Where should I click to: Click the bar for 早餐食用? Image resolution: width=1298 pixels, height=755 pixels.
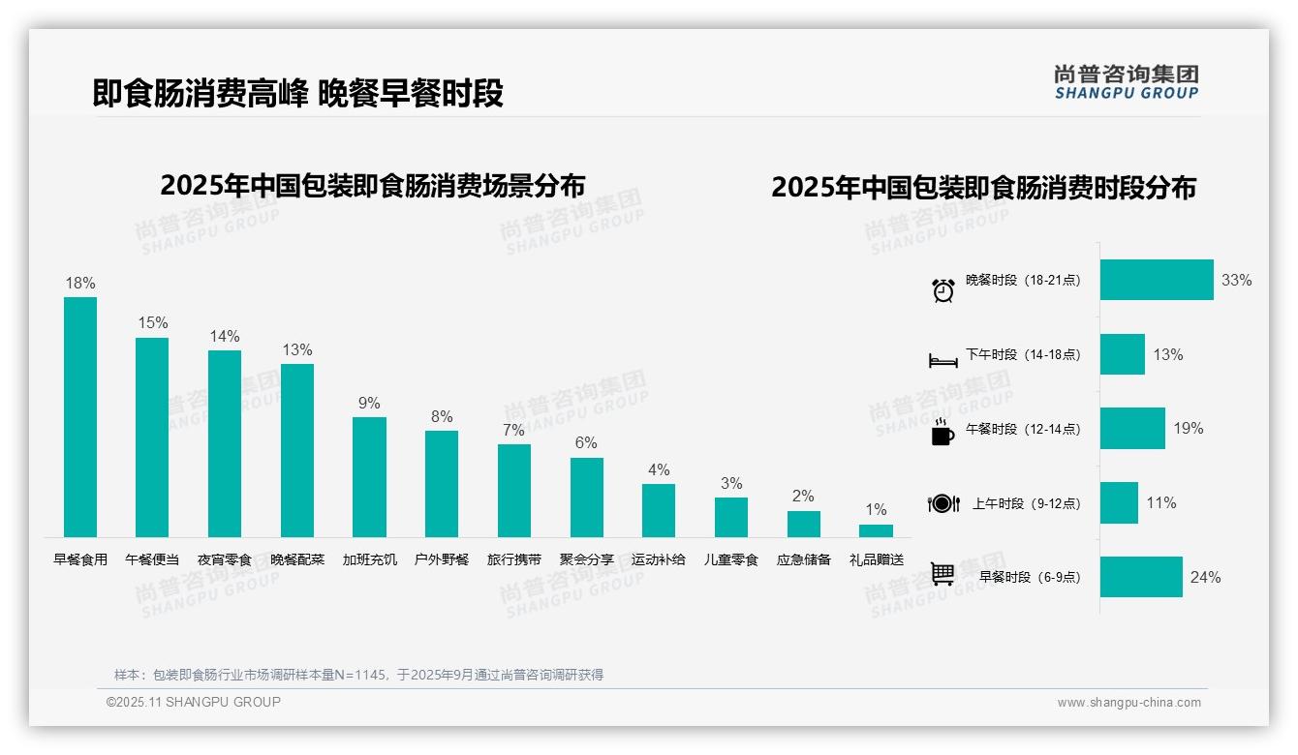(x=80, y=416)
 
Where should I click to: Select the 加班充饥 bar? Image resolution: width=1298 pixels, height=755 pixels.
(x=369, y=476)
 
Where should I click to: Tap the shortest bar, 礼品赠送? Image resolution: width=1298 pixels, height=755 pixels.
(x=876, y=530)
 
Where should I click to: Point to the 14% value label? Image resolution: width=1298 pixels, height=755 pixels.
(x=225, y=336)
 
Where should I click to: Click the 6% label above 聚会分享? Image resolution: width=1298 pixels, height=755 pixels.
(x=586, y=442)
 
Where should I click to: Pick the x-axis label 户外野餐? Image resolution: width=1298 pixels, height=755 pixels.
(x=442, y=559)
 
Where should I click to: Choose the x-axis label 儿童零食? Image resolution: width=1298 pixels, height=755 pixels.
(x=731, y=559)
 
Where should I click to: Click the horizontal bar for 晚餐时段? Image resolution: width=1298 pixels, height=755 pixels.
(x=1156, y=280)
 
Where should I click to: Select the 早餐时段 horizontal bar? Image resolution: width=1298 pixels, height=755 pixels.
(x=1141, y=577)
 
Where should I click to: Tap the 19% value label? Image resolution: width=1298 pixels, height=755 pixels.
(x=1188, y=428)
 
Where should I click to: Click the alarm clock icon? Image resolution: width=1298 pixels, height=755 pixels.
(x=943, y=289)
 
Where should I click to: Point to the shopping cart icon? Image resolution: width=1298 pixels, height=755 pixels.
(x=943, y=574)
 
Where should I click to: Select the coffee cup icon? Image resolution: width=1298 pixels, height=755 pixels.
(x=943, y=433)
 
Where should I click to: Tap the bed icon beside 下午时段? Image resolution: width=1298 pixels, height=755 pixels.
(x=943, y=360)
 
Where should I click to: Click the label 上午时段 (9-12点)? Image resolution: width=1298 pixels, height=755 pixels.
(x=1026, y=503)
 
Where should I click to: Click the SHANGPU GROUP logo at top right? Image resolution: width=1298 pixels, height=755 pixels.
(x=1126, y=81)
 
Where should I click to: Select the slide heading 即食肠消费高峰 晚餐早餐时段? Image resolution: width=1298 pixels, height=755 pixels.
(x=298, y=94)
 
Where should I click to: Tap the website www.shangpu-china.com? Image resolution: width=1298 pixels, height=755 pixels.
(x=1128, y=703)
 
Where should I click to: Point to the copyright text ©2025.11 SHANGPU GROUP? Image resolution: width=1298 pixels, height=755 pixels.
(x=194, y=702)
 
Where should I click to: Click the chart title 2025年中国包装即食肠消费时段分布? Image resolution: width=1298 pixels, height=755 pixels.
(x=983, y=187)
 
